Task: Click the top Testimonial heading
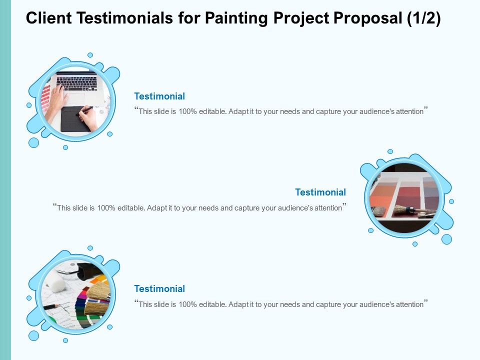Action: [159, 96]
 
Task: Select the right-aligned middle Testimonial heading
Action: [320, 192]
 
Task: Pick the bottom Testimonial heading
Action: [159, 289]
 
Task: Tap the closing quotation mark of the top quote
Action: [426, 109]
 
